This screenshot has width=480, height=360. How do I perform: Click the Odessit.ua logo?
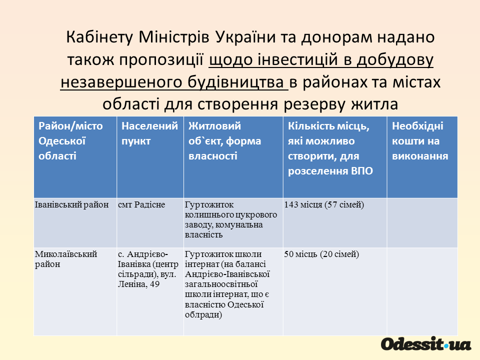426,344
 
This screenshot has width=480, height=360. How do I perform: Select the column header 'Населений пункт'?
149,133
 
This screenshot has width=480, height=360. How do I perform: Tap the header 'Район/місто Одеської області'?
70,141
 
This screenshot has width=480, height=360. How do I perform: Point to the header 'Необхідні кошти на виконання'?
420,141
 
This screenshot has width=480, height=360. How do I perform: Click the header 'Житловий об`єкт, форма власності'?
224,141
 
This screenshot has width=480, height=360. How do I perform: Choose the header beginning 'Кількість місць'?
330,148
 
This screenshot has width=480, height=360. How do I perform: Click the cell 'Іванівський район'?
71,204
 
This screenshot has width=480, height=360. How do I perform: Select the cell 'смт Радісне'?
141,204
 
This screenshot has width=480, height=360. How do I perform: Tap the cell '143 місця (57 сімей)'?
324,205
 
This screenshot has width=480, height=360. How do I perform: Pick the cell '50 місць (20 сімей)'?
321,254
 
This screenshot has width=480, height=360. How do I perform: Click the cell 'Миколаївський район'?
66,259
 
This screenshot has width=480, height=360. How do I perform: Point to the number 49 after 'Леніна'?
155,284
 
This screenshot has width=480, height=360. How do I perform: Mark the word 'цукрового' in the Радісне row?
257,215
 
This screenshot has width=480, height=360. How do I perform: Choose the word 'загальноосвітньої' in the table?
221,284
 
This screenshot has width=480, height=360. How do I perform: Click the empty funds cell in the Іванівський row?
422,222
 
